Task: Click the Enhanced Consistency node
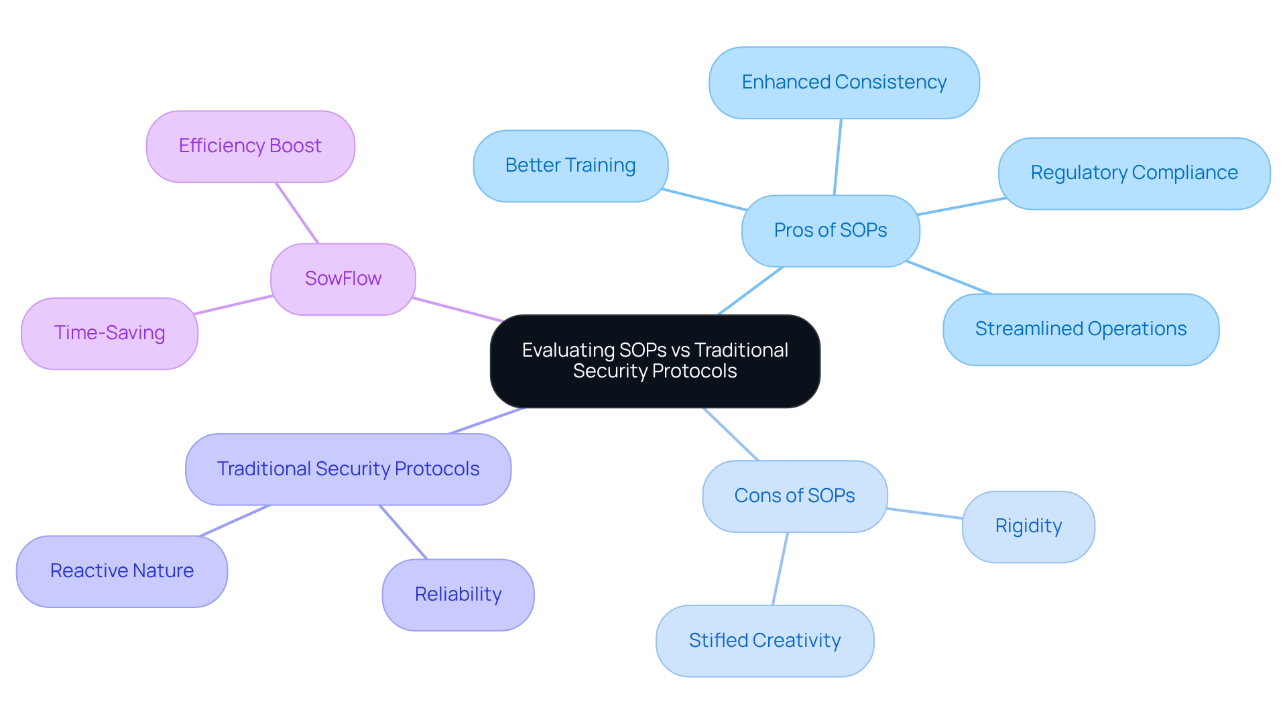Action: tap(844, 82)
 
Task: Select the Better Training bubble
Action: tap(570, 166)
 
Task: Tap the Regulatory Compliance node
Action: tap(1133, 173)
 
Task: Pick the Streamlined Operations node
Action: tap(1081, 329)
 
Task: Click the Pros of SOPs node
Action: tap(831, 231)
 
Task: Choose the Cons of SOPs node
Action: tap(794, 496)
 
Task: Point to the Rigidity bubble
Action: tap(1028, 526)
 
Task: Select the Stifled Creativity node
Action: tap(765, 641)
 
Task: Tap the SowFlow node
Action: tap(343, 279)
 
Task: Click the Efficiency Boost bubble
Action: tap(250, 146)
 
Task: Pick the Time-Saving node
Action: tap(109, 333)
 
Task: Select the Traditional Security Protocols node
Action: tap(348, 469)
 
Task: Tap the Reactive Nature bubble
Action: tap(121, 571)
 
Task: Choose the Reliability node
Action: tap(458, 595)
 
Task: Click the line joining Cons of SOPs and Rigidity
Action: tap(925, 513)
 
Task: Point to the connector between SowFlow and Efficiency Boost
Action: tap(297, 213)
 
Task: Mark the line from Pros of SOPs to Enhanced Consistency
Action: tap(838, 157)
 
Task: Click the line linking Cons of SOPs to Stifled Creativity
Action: tap(780, 568)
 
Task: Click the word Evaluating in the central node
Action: tap(568, 350)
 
